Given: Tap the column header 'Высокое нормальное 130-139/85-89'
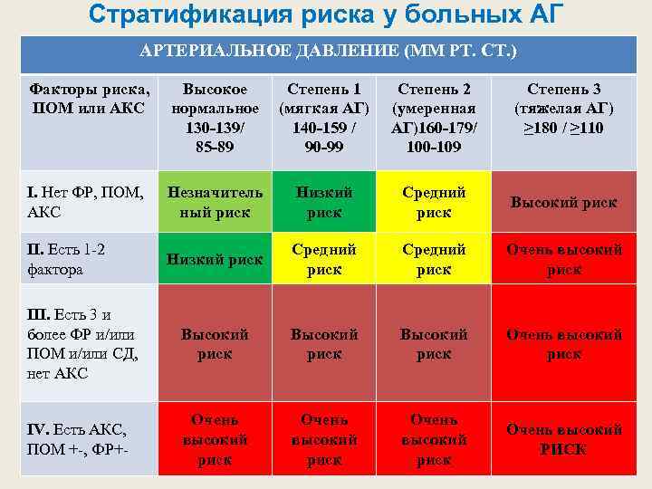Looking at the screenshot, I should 215,118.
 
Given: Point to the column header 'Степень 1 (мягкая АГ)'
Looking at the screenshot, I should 324,118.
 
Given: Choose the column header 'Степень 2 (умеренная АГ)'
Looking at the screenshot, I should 434,118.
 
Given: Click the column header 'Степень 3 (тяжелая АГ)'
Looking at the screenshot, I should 563,109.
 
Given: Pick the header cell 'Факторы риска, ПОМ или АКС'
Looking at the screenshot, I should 89,99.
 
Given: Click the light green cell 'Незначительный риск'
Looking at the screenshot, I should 215,202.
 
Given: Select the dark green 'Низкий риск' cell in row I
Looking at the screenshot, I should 324,202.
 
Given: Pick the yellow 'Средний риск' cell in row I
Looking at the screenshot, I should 434,202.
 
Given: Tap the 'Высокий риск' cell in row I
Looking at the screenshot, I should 563,202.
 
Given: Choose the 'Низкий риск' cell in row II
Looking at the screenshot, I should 215,259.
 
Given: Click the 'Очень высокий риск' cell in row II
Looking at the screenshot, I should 563,259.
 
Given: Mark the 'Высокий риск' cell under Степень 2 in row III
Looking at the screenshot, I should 434,344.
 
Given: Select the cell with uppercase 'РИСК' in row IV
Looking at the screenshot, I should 563,439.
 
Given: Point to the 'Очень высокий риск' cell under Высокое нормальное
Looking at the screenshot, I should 215,439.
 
